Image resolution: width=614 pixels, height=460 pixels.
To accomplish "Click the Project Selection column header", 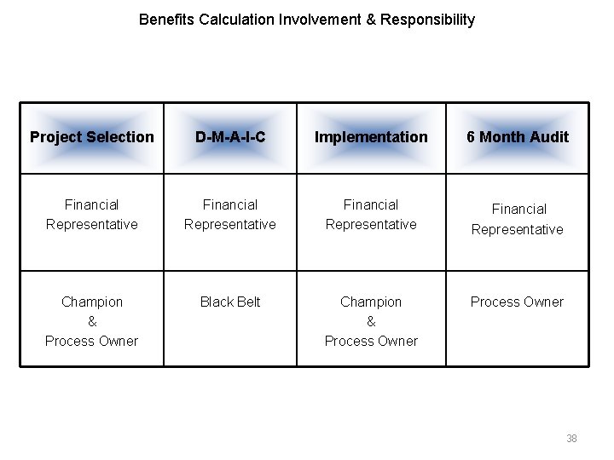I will tap(92, 137).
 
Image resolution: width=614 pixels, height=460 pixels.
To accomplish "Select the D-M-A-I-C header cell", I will tap(229, 137).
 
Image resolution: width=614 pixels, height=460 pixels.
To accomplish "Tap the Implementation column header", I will tap(371, 137).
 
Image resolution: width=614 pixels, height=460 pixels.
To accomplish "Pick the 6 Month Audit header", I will tap(517, 137).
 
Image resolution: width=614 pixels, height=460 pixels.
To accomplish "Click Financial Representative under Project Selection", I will tap(92, 215).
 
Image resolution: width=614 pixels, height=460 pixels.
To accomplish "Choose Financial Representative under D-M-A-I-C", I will tap(229, 215).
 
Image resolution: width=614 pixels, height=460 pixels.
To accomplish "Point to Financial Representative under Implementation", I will tap(371, 215).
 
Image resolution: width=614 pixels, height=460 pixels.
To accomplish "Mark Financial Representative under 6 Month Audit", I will tap(517, 219).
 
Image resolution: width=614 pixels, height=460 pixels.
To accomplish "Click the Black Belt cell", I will tap(229, 302).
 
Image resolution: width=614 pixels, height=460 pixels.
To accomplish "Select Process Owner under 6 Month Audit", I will tap(517, 302).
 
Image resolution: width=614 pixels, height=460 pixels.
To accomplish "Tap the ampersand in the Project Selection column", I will tap(92, 321).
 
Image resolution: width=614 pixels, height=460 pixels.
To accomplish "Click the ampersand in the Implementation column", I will tap(371, 321).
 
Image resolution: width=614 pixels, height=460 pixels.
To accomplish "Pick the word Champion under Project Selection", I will tap(92, 302).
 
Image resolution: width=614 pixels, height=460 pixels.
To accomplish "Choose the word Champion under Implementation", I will tap(371, 302).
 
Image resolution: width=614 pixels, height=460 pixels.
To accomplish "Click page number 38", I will tap(571, 439).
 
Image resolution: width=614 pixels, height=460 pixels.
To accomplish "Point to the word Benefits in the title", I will tap(166, 20).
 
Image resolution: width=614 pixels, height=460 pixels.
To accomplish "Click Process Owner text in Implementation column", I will tap(371, 341).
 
